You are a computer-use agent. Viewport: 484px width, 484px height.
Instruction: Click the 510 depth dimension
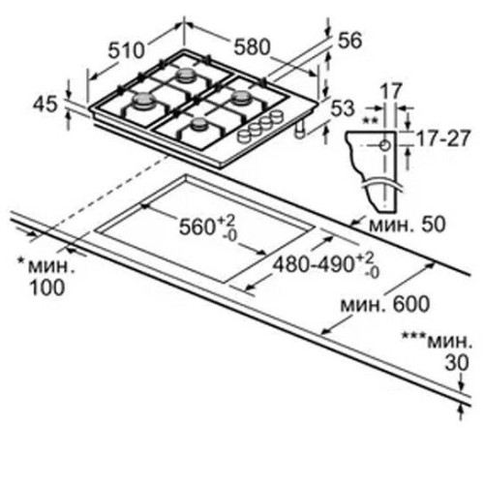coord(126,50)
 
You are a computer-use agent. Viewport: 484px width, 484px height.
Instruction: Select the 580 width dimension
coord(252,46)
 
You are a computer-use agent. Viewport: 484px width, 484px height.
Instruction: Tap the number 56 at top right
coord(349,41)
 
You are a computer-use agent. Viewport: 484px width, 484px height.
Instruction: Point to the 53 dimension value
coord(343,108)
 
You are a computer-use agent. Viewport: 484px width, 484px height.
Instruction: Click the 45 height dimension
coord(45,105)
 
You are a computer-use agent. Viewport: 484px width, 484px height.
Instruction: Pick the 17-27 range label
coord(442,138)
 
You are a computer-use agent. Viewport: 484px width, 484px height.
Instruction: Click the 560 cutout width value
coord(197,227)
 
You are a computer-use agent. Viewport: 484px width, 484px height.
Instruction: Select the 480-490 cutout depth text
coord(313,265)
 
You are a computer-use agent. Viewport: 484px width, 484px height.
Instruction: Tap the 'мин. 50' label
coord(407,224)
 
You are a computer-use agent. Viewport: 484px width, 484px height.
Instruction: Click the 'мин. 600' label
coord(385,304)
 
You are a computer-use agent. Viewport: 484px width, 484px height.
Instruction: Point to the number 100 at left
coord(47,287)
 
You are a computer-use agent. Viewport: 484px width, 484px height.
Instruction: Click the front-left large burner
coord(141,100)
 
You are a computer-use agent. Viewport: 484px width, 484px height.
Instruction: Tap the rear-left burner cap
coord(185,75)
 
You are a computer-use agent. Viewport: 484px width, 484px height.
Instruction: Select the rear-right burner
coord(241,97)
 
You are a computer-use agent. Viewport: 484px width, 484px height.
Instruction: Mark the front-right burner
coord(199,124)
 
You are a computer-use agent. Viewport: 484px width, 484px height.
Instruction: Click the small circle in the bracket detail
coord(385,146)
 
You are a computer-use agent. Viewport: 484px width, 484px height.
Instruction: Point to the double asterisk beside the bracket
coord(370,121)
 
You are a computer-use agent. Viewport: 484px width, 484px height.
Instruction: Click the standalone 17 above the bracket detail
coord(391,91)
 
